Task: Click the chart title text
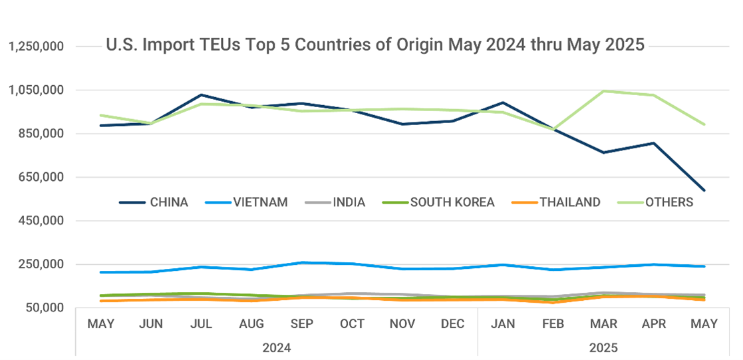[x=375, y=45]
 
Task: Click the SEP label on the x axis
[x=302, y=324]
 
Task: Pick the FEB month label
[x=553, y=324]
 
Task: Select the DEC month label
[x=453, y=324]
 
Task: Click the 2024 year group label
[x=277, y=347]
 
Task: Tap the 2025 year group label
[x=604, y=347]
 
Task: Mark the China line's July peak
[x=202, y=94]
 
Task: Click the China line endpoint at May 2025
[x=704, y=190]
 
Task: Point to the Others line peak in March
[x=604, y=90]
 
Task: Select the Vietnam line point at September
[x=302, y=263]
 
